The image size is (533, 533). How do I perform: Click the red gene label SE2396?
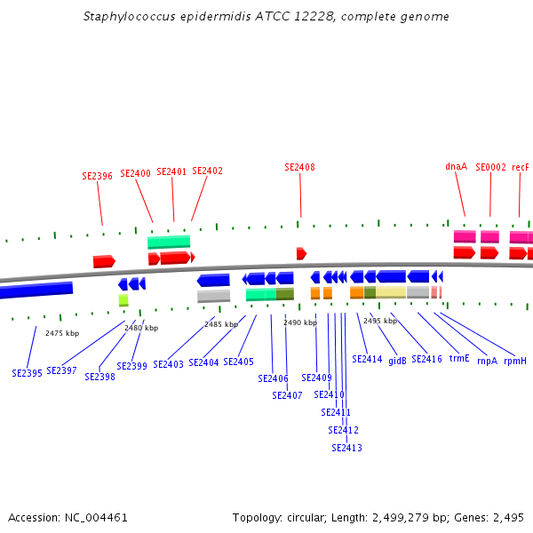point(97,176)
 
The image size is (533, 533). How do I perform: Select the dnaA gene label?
point(457,167)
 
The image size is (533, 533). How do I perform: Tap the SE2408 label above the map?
point(300,167)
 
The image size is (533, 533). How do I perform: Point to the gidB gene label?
point(397,361)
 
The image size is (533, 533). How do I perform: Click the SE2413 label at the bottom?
point(346,448)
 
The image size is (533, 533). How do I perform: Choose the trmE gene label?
point(459,359)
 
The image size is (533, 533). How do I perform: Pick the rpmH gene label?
point(515,361)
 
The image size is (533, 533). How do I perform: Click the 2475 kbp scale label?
point(62,333)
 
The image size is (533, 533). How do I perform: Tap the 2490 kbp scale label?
point(300,322)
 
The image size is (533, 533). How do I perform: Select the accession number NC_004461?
point(96,518)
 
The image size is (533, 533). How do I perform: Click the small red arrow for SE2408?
point(301,253)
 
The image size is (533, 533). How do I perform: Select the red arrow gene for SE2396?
point(104,261)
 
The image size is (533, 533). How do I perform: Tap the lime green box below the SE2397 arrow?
point(123,300)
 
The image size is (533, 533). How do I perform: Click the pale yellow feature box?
point(391,292)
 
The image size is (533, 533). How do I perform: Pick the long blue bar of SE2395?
point(36,290)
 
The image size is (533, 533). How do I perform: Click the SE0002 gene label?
point(490,167)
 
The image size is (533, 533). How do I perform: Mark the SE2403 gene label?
point(168,364)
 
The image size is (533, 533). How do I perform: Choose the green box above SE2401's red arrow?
point(169,242)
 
